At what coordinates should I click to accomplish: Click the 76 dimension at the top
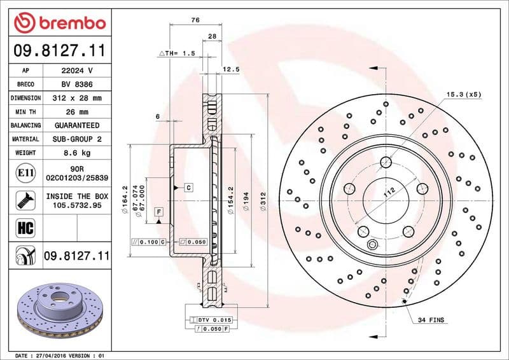pos(195,20)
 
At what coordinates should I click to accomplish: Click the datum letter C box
pos(188,187)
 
